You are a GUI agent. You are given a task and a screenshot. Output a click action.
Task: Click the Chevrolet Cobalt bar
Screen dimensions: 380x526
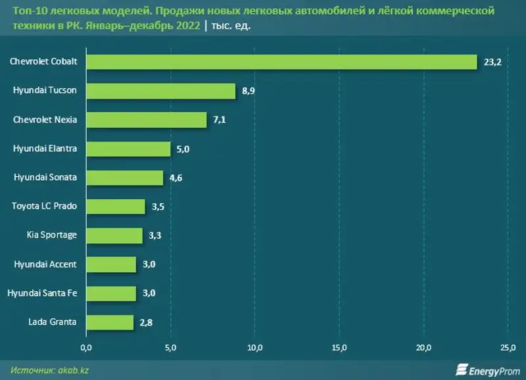click(x=281, y=62)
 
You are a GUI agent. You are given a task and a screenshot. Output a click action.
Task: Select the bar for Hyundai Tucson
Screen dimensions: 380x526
click(x=160, y=91)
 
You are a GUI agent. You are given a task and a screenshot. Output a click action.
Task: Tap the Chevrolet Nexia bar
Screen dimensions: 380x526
click(x=146, y=120)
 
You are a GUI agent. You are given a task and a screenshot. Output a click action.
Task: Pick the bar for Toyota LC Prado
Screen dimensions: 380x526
click(x=115, y=206)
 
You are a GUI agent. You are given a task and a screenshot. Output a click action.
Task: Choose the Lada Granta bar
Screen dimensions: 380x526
click(x=109, y=322)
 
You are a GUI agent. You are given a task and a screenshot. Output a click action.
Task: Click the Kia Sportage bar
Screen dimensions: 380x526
click(x=114, y=235)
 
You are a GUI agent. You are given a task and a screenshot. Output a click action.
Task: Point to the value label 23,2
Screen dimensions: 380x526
click(x=492, y=62)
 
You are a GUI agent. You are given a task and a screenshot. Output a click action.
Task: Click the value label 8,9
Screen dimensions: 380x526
click(x=249, y=91)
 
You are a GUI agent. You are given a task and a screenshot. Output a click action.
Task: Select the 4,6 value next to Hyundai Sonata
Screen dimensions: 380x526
click(x=176, y=178)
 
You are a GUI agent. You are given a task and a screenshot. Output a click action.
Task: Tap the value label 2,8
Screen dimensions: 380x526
click(x=146, y=322)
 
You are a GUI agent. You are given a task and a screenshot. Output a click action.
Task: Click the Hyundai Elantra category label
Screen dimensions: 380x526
click(x=45, y=149)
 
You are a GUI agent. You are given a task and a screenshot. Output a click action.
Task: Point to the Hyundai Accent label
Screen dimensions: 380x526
click(x=45, y=264)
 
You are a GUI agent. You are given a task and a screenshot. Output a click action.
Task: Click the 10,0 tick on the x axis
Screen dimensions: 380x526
click(x=254, y=347)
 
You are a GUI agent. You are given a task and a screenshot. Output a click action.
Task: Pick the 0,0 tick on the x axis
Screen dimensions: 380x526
click(x=86, y=347)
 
